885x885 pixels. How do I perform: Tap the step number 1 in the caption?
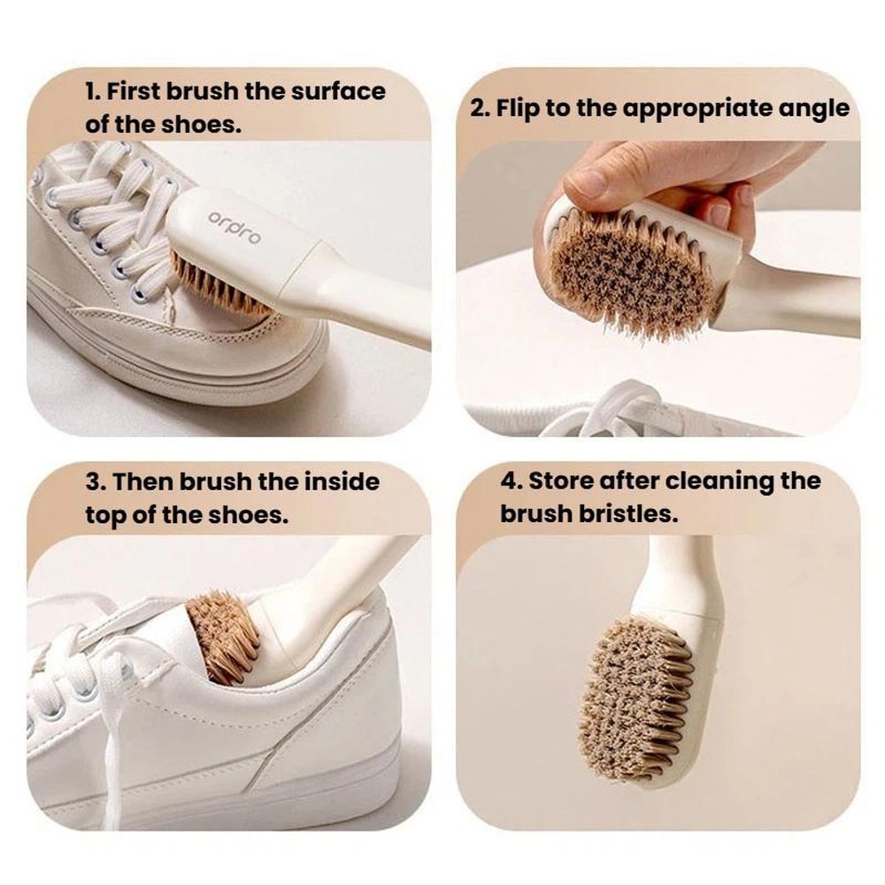pos(90,91)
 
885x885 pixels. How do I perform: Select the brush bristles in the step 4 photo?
pos(635,699)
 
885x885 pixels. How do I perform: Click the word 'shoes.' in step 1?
pos(200,124)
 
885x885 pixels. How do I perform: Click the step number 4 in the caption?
pos(509,481)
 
